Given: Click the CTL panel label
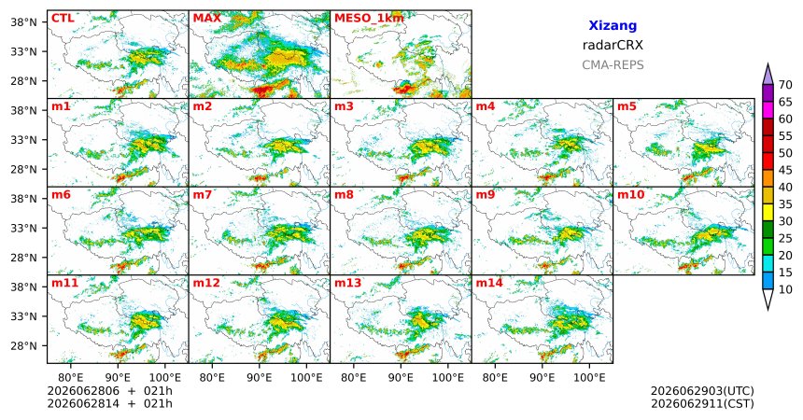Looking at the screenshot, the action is click(x=63, y=19).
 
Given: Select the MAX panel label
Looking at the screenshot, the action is click(x=207, y=19).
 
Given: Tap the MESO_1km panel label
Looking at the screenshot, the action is click(x=369, y=19).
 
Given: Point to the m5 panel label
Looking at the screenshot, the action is click(x=627, y=107).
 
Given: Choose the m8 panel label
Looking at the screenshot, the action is click(x=345, y=195).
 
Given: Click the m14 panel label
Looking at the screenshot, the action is click(x=489, y=283).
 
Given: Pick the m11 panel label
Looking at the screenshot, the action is click(x=64, y=283).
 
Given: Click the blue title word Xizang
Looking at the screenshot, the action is click(x=613, y=25).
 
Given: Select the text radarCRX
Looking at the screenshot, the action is click(x=613, y=45).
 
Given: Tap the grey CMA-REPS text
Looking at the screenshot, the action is click(x=613, y=65).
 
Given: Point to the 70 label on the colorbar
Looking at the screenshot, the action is click(x=785, y=85).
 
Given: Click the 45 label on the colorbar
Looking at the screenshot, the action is click(x=785, y=170).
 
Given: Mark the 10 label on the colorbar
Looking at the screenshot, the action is click(x=785, y=289).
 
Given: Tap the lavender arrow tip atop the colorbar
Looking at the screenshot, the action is click(x=768, y=64).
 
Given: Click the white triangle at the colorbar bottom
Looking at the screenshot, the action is click(x=768, y=299).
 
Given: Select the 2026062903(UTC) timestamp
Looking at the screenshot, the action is click(x=702, y=391).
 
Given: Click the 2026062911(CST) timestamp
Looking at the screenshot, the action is click(x=702, y=403).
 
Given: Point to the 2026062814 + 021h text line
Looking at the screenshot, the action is click(x=109, y=403).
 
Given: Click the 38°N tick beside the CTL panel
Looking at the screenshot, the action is click(x=23, y=22).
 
